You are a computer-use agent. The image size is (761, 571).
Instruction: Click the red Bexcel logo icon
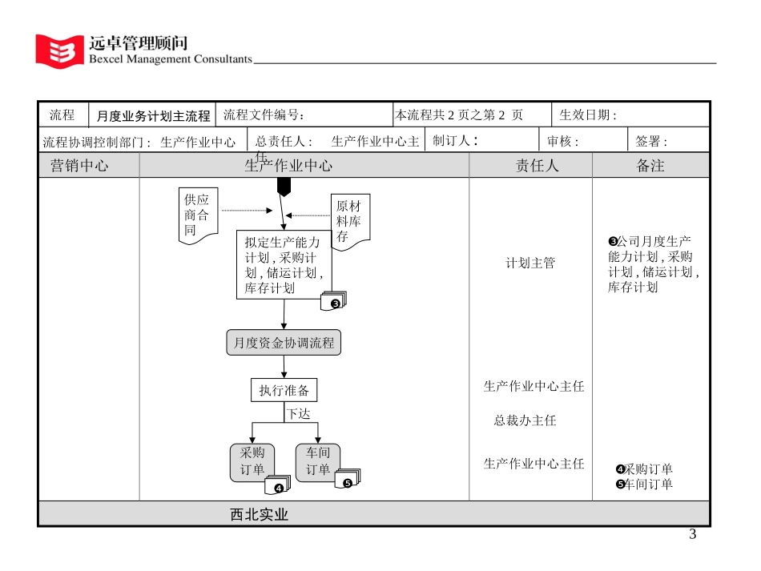click(x=59, y=50)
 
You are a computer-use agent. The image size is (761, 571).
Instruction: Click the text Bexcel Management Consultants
click(x=170, y=58)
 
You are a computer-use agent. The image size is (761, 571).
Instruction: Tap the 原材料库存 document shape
click(x=349, y=221)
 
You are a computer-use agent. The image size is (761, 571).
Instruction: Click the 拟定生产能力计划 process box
click(x=283, y=264)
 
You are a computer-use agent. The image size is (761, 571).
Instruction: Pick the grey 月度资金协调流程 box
click(x=284, y=343)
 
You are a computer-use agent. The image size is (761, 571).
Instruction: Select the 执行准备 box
click(x=284, y=391)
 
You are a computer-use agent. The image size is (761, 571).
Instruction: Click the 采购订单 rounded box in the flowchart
click(x=252, y=461)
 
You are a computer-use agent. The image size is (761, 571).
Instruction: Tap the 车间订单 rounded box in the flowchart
click(x=318, y=461)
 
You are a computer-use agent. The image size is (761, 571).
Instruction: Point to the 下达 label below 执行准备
click(x=299, y=414)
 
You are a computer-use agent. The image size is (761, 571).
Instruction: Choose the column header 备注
click(x=650, y=166)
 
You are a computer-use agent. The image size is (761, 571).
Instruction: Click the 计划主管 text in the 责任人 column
click(x=530, y=263)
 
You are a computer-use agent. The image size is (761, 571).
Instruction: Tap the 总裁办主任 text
click(x=525, y=420)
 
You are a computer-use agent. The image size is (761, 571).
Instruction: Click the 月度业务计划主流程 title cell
click(x=153, y=115)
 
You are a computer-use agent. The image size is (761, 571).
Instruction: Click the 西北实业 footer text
click(x=260, y=515)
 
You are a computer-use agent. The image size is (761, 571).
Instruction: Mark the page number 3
click(x=693, y=534)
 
